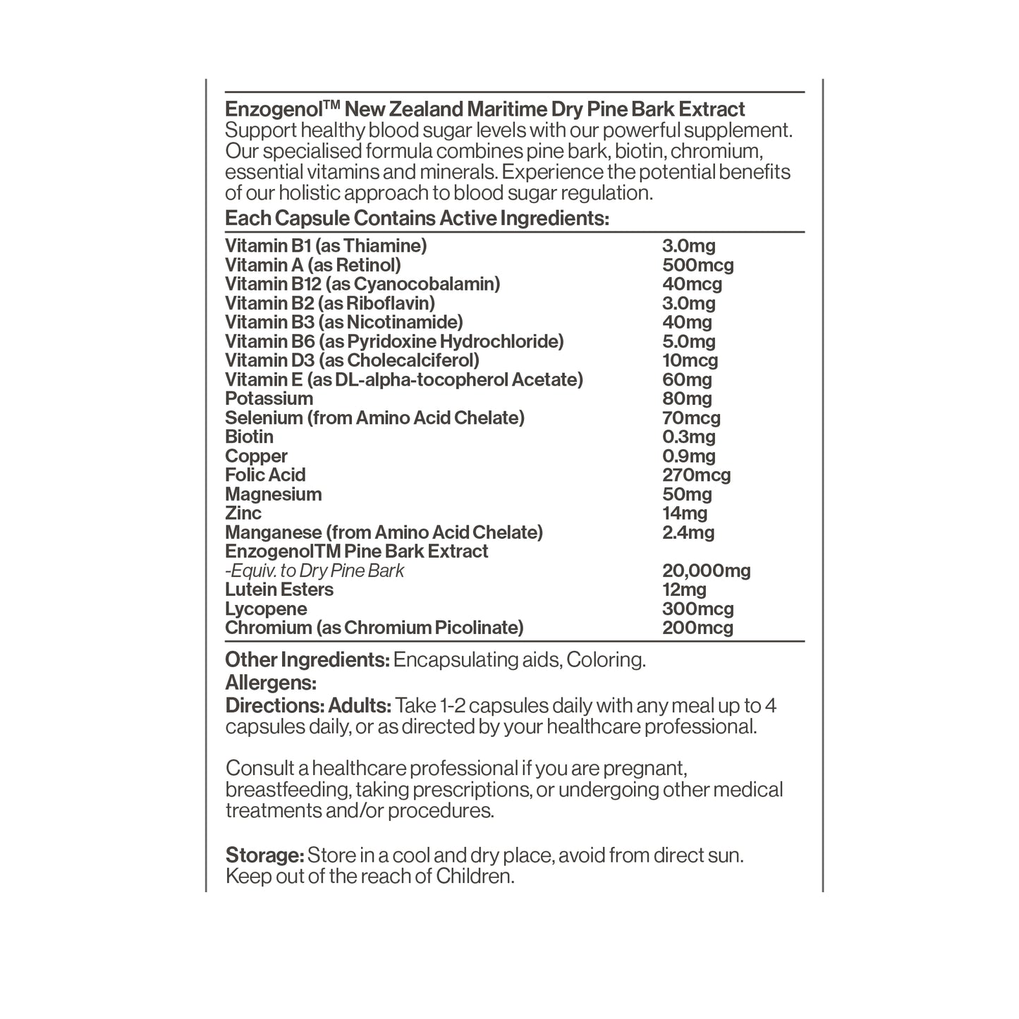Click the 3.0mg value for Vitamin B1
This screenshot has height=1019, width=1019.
point(688,246)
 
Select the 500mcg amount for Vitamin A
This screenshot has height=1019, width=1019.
point(697,265)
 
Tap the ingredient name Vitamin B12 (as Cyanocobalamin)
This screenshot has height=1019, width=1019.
point(362,284)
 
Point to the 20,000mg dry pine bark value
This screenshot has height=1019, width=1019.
point(706,570)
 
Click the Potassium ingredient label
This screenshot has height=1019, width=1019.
point(269,399)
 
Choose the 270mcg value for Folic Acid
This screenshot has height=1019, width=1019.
point(696,475)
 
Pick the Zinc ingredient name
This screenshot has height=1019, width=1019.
point(243,513)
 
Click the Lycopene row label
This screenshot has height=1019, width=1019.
point(266,609)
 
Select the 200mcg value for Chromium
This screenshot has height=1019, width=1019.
point(697,628)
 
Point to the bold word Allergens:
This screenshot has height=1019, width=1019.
point(270,683)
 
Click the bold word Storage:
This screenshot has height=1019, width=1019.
point(264,855)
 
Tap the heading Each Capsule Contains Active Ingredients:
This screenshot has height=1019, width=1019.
point(417,219)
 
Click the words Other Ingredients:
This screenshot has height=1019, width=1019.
point(307,660)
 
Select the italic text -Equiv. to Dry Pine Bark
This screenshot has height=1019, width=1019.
point(315,570)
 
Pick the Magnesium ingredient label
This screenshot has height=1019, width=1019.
point(273,494)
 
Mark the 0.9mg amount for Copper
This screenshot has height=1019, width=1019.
point(688,456)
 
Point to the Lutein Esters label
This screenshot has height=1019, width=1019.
point(279,590)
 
